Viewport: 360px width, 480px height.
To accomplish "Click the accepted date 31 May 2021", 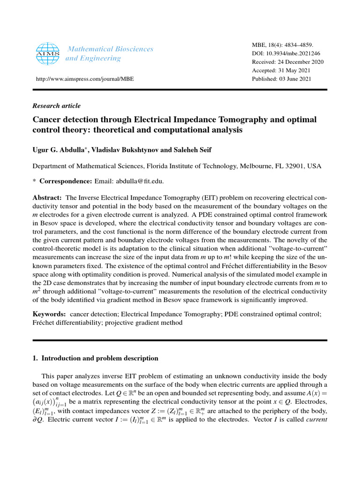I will pos(299,70).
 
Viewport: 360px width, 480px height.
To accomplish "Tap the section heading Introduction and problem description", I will pos(99,358).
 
